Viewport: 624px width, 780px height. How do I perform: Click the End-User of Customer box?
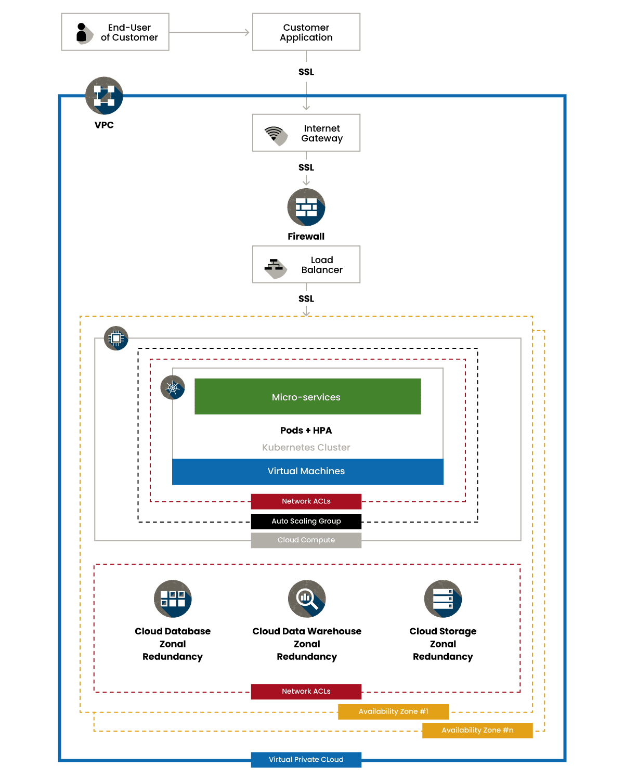click(x=115, y=32)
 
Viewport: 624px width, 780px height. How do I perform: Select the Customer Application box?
click(x=306, y=32)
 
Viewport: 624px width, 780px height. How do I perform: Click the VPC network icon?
click(x=104, y=96)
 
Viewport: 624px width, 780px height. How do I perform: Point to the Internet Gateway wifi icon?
click(x=276, y=135)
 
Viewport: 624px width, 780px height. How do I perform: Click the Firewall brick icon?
click(x=306, y=207)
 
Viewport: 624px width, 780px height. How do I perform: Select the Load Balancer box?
click(x=306, y=265)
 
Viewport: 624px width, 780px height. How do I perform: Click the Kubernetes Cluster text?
click(x=306, y=447)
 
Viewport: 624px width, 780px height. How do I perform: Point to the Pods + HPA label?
click(x=306, y=431)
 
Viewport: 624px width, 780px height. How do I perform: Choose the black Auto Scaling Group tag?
click(x=306, y=521)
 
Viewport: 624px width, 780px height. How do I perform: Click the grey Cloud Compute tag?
click(x=306, y=540)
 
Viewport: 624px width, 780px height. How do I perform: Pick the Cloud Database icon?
click(x=173, y=599)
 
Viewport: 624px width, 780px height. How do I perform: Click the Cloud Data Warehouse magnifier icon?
click(x=307, y=599)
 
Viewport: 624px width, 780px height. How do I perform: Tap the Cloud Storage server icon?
click(x=443, y=599)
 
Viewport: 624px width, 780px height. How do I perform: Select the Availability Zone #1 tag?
click(x=393, y=711)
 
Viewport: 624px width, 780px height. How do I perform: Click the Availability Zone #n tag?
click(x=477, y=730)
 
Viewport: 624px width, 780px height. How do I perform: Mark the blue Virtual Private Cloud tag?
click(x=306, y=759)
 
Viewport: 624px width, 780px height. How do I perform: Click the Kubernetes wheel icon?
click(x=173, y=388)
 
